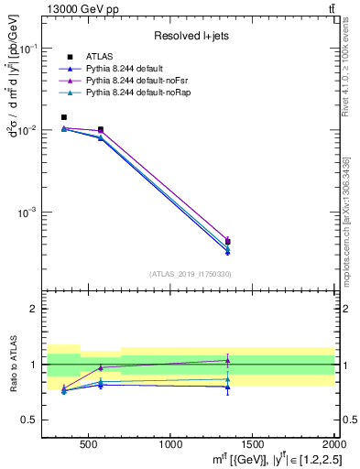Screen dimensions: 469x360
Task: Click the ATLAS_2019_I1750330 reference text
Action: click(191, 274)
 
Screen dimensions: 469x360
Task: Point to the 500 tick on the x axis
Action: click(89, 443)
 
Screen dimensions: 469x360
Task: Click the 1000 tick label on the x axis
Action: click(170, 443)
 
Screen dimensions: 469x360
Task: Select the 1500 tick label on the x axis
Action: click(253, 443)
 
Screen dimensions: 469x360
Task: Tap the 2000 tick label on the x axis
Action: click(334, 443)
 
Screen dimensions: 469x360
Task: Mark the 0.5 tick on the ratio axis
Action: click(33, 420)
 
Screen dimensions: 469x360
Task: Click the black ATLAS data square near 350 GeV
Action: click(64, 117)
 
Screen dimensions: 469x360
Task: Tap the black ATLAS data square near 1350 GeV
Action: click(228, 242)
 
